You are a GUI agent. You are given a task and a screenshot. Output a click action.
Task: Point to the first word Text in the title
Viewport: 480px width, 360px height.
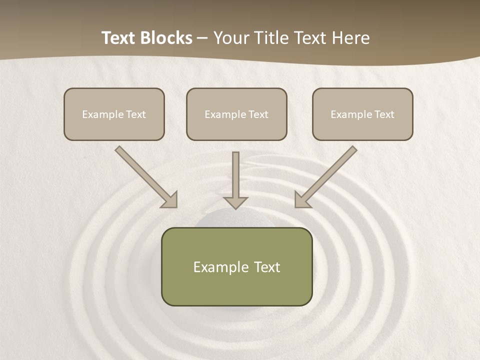pyautogui.click(x=119, y=38)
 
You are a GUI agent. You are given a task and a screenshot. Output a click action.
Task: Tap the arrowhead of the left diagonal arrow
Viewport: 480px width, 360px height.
pyautogui.click(x=170, y=200)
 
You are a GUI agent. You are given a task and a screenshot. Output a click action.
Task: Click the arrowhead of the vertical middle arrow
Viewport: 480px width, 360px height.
pyautogui.click(x=235, y=202)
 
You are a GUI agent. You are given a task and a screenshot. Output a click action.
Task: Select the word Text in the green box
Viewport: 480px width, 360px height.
pyautogui.click(x=267, y=267)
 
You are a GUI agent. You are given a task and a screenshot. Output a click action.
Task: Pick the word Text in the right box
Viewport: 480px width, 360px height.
pyautogui.click(x=384, y=114)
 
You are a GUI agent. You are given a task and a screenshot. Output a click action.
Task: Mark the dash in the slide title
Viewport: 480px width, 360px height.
pyautogui.click(x=203, y=38)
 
